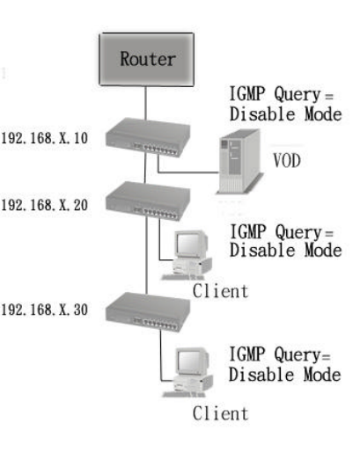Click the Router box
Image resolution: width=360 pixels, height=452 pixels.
(x=146, y=59)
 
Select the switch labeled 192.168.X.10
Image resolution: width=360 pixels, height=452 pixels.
(x=148, y=137)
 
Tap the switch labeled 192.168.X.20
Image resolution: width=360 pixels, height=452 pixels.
(x=148, y=201)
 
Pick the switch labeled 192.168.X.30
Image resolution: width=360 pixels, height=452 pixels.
(x=148, y=312)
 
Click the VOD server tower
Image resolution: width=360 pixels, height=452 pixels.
(x=239, y=161)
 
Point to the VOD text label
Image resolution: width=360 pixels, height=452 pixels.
(x=287, y=160)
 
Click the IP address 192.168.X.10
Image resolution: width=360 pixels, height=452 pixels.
(x=45, y=138)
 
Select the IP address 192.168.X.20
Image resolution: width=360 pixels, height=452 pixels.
(x=45, y=205)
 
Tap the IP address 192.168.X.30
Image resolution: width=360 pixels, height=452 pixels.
(x=45, y=310)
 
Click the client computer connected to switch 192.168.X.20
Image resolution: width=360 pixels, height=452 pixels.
(x=187, y=255)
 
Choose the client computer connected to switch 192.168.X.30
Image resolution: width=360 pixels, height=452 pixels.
(x=188, y=372)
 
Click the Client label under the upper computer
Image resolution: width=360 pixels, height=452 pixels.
(x=220, y=291)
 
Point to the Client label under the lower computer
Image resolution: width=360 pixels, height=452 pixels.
(x=220, y=413)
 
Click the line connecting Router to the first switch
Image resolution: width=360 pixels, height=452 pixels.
(x=145, y=103)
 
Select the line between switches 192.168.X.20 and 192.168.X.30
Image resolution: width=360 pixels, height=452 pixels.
(x=146, y=256)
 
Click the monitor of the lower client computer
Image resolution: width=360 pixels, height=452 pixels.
(x=192, y=361)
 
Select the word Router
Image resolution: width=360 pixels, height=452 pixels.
(x=148, y=59)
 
